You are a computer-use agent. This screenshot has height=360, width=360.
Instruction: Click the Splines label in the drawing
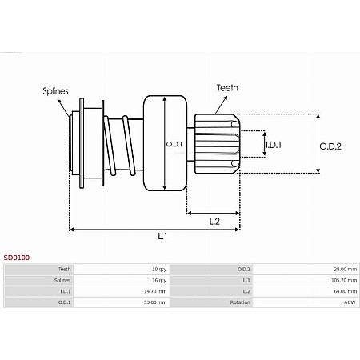point(55,91)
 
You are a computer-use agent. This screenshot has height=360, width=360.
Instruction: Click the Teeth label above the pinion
point(226,87)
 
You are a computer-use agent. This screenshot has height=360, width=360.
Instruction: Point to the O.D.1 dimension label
point(174,145)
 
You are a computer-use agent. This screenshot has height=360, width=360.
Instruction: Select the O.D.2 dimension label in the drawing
point(330,146)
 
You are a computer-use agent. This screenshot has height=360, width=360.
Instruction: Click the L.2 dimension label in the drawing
point(214,220)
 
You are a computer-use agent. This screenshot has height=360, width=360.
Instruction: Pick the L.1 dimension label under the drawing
point(162,236)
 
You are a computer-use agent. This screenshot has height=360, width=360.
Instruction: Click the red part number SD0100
point(17,258)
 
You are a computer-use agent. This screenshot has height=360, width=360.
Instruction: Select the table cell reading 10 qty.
point(159,270)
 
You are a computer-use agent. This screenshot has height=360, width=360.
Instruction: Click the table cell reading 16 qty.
point(159,281)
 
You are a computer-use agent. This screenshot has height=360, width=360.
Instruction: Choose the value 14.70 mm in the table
point(156,291)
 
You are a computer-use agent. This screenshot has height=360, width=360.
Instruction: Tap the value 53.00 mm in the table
point(156,302)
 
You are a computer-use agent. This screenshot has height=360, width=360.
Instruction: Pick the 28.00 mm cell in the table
point(345,270)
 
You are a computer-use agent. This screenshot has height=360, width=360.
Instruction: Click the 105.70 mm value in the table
point(343,281)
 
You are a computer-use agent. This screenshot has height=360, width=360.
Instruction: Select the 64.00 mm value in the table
point(345,291)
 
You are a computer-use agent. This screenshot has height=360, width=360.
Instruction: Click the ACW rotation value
point(350,302)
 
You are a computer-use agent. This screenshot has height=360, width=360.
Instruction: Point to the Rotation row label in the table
point(240,302)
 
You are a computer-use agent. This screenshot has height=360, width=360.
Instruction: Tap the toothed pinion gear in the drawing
point(218,144)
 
